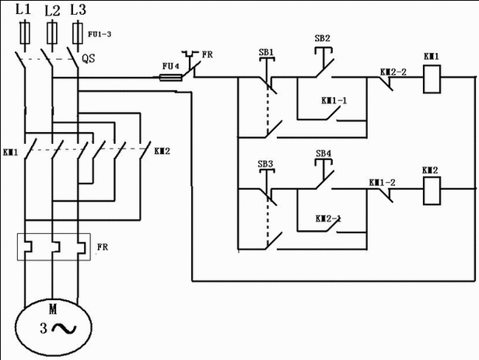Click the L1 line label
(24, 10)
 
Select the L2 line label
(51, 10)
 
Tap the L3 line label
(78, 10)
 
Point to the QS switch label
(88, 58)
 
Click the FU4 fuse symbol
(170, 77)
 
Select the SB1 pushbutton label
(266, 52)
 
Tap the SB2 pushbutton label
(322, 38)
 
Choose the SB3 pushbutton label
(266, 165)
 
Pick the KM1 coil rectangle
(432, 79)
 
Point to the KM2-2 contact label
(393, 72)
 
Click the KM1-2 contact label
(382, 182)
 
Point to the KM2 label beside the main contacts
(163, 150)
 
